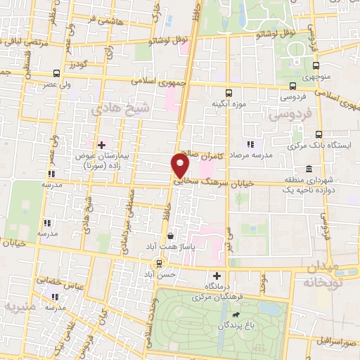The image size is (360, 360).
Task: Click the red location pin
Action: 180,165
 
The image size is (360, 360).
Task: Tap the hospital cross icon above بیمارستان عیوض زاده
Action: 102,144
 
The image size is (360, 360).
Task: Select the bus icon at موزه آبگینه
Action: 227,93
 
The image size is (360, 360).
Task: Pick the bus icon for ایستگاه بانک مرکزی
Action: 319,134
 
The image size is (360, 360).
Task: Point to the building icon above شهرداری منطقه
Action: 309,169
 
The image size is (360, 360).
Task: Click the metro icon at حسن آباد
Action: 160,263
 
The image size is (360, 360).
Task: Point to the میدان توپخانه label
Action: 332,276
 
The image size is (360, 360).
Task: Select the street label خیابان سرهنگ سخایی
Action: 213,181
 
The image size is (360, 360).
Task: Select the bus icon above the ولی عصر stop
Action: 56,74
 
